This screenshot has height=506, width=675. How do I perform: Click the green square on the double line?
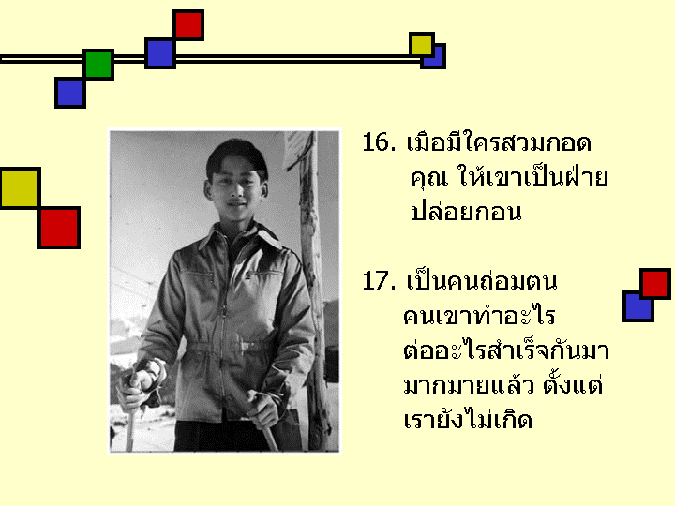tap(98, 64)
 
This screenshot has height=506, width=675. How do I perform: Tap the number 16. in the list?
tap(379, 142)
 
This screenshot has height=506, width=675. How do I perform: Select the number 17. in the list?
tap(379, 281)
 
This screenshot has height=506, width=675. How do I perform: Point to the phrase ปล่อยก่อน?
tap(466, 210)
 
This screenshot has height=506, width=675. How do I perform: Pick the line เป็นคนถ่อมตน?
tap(482, 280)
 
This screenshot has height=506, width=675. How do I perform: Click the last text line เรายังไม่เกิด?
tap(468, 418)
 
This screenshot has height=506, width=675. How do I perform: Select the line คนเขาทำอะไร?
tap(479, 316)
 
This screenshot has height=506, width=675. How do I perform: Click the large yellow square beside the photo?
tap(21, 188)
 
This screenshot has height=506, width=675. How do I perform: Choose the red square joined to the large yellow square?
tap(59, 227)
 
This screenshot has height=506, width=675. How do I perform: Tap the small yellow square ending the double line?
tap(422, 44)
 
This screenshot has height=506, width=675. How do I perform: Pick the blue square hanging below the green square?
tap(69, 93)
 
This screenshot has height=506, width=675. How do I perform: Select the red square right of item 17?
tap(655, 284)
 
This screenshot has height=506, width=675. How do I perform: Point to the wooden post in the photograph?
tap(313, 292)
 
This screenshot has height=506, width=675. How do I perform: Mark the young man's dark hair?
tap(237, 156)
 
